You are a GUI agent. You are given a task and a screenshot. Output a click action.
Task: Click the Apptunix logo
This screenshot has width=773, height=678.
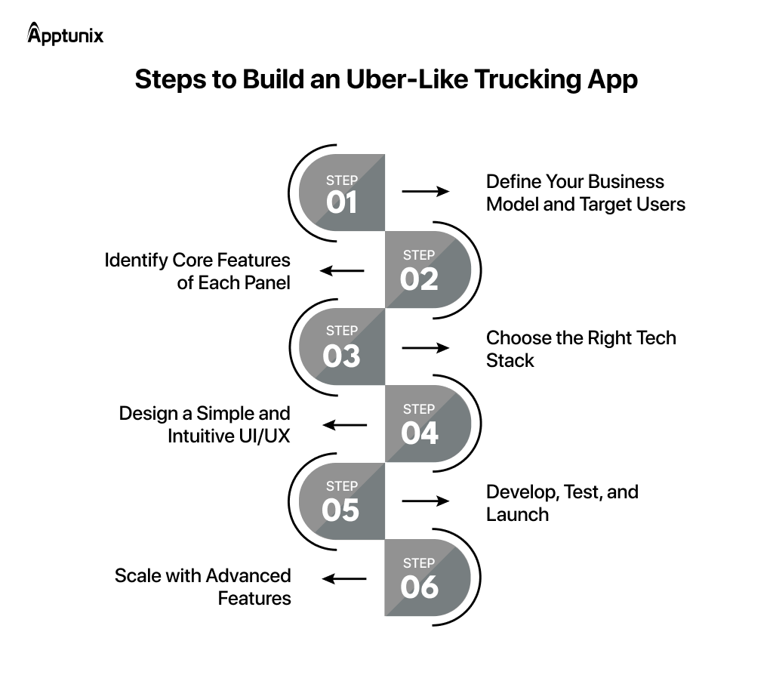tap(65, 35)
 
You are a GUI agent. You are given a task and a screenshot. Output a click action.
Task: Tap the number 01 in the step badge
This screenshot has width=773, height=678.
tap(341, 202)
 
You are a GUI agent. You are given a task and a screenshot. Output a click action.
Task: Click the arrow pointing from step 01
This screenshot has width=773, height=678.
tap(425, 192)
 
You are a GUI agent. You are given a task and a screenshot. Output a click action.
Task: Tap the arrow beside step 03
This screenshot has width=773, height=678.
tap(425, 348)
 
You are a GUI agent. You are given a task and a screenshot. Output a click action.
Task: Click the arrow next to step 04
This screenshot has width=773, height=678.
tap(344, 425)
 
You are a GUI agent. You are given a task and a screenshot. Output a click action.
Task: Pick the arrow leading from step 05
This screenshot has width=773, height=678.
tap(425, 501)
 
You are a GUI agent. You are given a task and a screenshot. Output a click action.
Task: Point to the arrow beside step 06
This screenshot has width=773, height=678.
tap(344, 579)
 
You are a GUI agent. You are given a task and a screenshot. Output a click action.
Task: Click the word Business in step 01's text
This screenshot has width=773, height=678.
tap(626, 182)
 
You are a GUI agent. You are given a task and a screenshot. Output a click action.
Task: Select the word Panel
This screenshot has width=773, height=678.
tap(267, 283)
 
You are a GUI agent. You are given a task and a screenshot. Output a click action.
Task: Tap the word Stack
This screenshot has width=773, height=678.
tap(510, 360)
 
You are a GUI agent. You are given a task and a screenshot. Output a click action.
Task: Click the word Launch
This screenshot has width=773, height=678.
tap(517, 514)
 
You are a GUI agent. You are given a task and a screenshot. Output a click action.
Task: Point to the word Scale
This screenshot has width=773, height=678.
tap(133, 575)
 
